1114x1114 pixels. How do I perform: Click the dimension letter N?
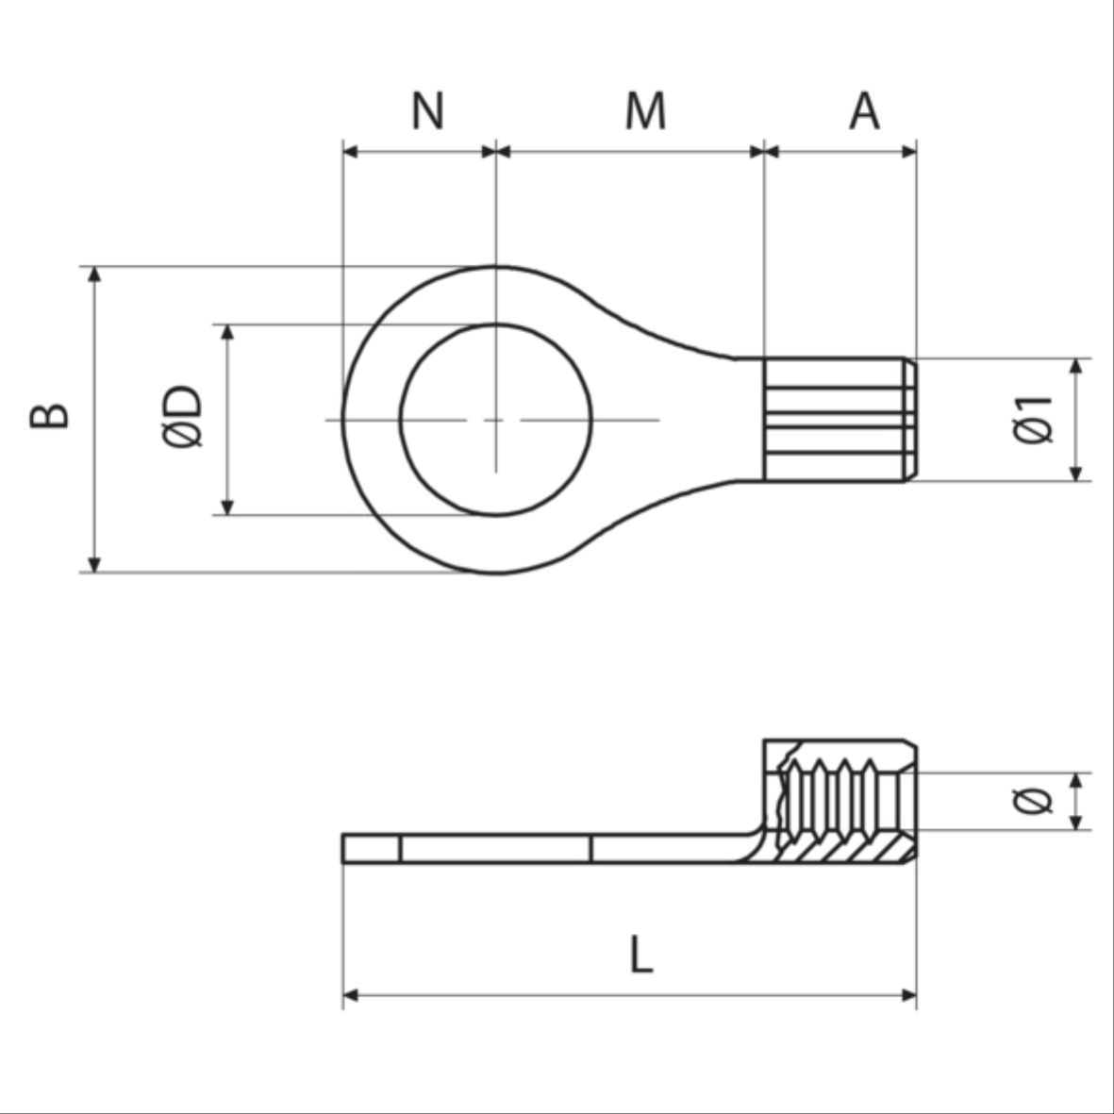427,110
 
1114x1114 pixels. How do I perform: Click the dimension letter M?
645,110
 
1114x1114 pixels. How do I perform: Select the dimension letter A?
864,110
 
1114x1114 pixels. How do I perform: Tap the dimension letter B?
50,416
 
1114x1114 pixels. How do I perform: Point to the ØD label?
182,416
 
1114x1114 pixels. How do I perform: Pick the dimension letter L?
640,955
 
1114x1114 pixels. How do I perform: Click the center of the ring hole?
496,419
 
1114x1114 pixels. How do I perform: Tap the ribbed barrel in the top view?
840,419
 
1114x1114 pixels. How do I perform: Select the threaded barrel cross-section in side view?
840,802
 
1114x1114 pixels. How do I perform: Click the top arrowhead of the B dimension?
93,274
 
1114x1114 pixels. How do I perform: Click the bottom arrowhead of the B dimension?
93,565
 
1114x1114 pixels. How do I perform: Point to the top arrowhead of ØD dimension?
227,332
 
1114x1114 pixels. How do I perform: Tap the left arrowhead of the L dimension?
350,995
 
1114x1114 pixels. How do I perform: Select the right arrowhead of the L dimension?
909,995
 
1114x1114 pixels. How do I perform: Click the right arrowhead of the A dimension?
909,151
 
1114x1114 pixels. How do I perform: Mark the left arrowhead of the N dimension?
350,151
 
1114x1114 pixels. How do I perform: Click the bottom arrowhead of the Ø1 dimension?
1076,474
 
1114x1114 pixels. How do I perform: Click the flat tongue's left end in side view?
343,848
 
